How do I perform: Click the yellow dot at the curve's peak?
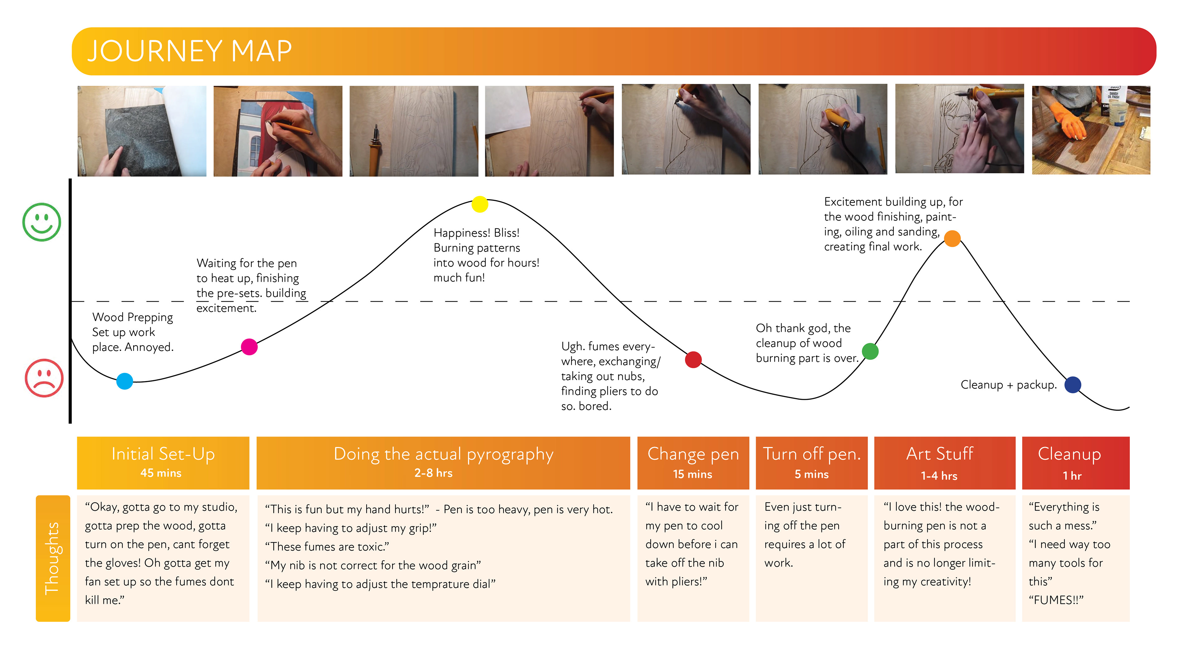[x=480, y=204]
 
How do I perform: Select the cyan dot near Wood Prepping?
[x=124, y=381]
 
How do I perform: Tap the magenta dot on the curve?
[x=249, y=347]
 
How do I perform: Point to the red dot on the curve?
[x=693, y=359]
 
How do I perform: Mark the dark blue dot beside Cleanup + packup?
[x=1072, y=385]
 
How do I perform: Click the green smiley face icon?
[x=42, y=222]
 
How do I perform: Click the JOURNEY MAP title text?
[x=189, y=51]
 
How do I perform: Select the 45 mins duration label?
[x=161, y=473]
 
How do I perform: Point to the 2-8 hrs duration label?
[x=433, y=473]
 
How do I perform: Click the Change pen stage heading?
[x=693, y=454]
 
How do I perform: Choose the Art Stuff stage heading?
[x=940, y=454]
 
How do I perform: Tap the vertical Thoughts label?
[x=52, y=558]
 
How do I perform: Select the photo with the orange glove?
[x=1091, y=130]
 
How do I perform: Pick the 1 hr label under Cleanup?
[x=1072, y=476]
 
